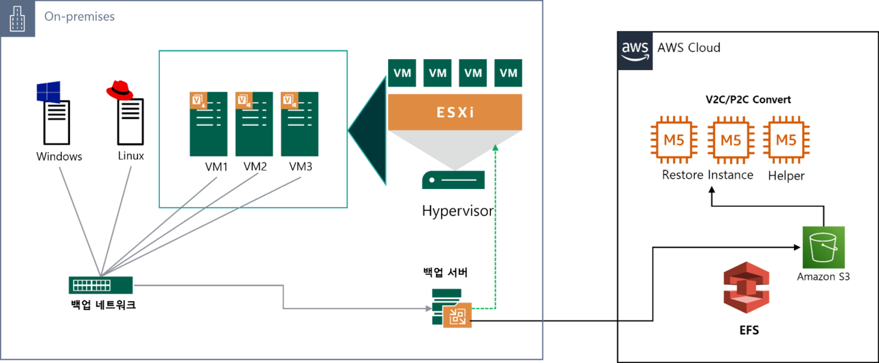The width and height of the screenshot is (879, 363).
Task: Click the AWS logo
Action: [635, 52]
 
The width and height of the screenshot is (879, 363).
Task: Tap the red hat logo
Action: [119, 90]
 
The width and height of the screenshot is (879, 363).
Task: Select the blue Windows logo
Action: [48, 91]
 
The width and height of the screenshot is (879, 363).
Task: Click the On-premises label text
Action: [80, 17]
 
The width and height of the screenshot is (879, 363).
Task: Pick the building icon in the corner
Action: [19, 19]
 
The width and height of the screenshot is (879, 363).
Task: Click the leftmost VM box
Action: [402, 74]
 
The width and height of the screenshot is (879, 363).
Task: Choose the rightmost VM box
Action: [508, 74]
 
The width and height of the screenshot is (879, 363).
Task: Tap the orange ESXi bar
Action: [455, 112]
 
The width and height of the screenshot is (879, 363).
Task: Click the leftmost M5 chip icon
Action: [674, 140]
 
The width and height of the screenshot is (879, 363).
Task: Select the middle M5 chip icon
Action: [731, 140]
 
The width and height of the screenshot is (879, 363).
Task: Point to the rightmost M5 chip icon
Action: [786, 140]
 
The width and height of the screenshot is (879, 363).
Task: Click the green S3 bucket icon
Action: [823, 247]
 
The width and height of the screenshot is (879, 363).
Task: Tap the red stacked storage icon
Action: [747, 287]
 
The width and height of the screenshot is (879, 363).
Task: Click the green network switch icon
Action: [100, 285]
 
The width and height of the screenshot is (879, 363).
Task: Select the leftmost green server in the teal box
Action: [208, 124]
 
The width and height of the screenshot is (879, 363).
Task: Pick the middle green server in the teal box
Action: [253, 124]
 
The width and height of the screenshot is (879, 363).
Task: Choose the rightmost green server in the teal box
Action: [299, 124]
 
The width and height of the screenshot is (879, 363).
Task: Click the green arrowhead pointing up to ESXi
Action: [495, 148]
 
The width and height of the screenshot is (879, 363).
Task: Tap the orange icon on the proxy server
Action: [457, 316]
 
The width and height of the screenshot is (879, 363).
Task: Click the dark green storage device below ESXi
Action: [453, 180]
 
